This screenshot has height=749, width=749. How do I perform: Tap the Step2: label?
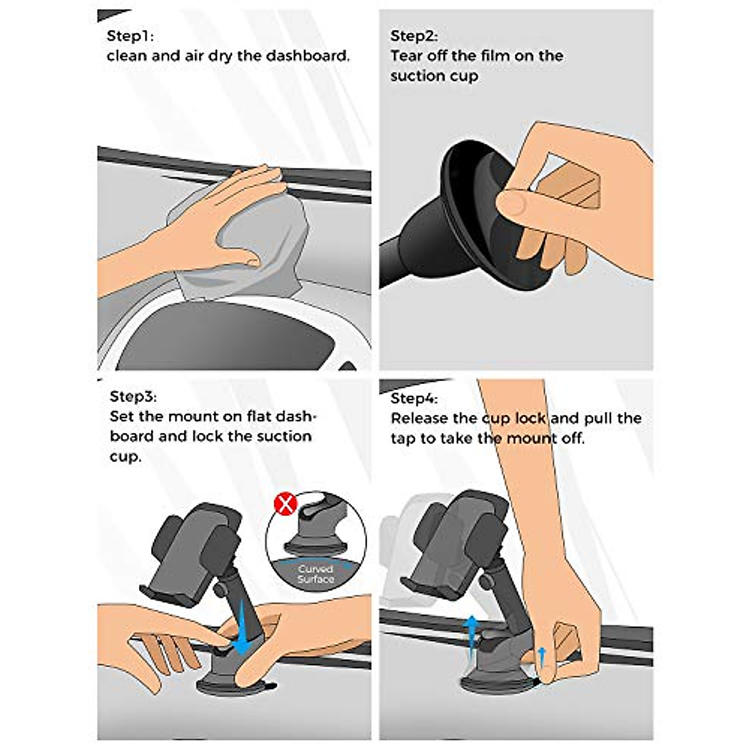[x=414, y=36]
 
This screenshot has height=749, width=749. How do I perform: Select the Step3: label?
[x=133, y=396]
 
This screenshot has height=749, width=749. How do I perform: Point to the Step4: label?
[x=414, y=398]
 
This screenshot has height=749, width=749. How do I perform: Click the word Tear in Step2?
[x=407, y=56]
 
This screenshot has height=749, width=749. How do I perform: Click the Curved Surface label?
[x=316, y=574]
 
